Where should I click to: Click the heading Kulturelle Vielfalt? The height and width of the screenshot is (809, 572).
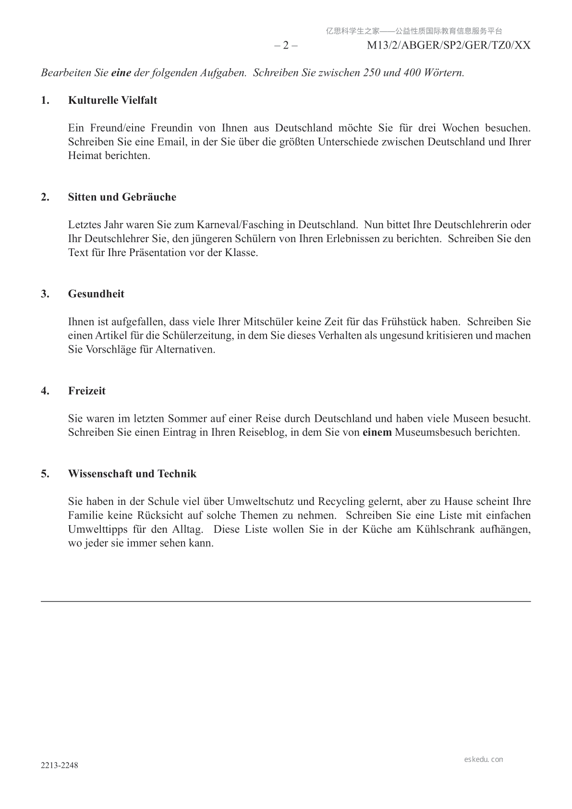112,100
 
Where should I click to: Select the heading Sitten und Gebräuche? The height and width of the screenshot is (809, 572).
122,197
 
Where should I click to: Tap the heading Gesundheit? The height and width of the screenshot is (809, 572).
96,294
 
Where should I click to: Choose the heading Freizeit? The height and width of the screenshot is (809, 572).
86,391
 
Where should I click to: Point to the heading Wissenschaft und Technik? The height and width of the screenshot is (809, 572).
132,474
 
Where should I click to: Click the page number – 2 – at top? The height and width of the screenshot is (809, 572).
286,46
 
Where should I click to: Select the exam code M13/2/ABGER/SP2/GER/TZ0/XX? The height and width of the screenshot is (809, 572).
449,46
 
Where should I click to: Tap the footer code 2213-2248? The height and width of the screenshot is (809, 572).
59,765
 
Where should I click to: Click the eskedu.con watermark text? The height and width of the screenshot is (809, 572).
484,760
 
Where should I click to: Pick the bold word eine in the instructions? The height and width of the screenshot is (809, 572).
121,73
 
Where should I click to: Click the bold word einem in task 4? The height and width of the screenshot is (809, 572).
377,432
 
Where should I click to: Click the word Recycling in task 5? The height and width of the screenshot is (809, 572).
341,502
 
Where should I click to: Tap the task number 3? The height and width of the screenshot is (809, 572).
45,294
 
